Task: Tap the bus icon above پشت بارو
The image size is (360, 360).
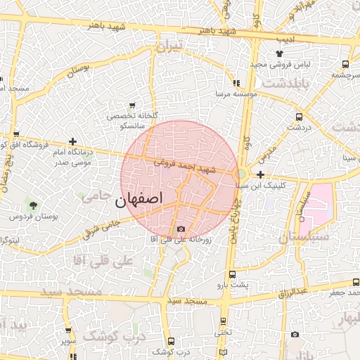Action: coord(233,276)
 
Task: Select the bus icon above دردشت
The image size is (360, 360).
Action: coord(299,117)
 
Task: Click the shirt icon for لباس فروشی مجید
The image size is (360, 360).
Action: coord(279,53)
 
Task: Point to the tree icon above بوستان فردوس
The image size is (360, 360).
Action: coord(33,205)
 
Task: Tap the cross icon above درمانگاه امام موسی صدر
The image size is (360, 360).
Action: coord(72,142)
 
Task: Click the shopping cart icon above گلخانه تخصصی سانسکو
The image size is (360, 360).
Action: coord(132,105)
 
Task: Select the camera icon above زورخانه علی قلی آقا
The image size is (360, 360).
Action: coord(181,229)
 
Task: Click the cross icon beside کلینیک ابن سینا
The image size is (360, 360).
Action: coord(260,174)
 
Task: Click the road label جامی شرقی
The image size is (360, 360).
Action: coord(101,229)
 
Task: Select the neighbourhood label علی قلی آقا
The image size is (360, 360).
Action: coord(108,261)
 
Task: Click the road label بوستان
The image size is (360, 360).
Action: coord(83,70)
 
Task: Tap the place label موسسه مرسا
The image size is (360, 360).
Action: coord(235,93)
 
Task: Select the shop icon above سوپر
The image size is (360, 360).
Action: coord(67,330)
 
